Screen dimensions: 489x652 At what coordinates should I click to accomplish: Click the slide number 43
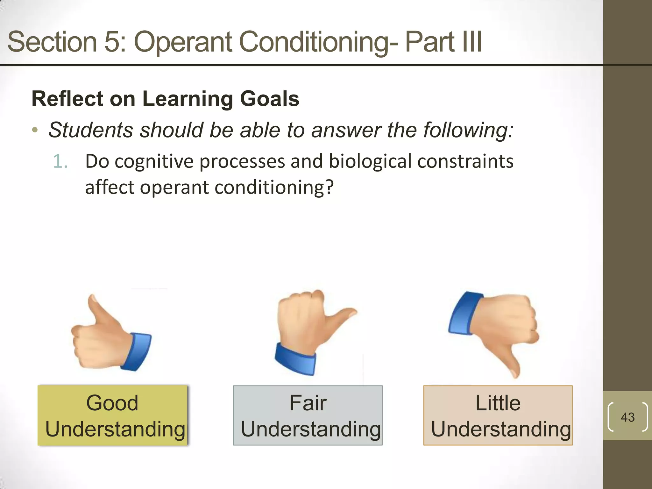(x=627, y=417)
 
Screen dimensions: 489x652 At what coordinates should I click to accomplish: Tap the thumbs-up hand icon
(x=108, y=337)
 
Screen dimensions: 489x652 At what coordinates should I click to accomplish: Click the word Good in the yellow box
(x=112, y=403)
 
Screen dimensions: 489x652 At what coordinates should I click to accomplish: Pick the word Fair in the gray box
(x=308, y=403)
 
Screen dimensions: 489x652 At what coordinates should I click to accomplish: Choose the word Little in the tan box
(x=498, y=403)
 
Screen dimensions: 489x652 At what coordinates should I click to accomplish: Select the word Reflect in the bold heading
(x=67, y=99)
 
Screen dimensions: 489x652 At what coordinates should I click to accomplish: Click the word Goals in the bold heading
(x=269, y=99)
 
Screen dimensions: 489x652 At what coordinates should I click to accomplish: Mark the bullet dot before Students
(x=35, y=131)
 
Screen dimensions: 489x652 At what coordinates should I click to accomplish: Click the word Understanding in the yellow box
(x=115, y=429)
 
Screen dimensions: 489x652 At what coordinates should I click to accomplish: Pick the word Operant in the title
(x=183, y=42)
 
